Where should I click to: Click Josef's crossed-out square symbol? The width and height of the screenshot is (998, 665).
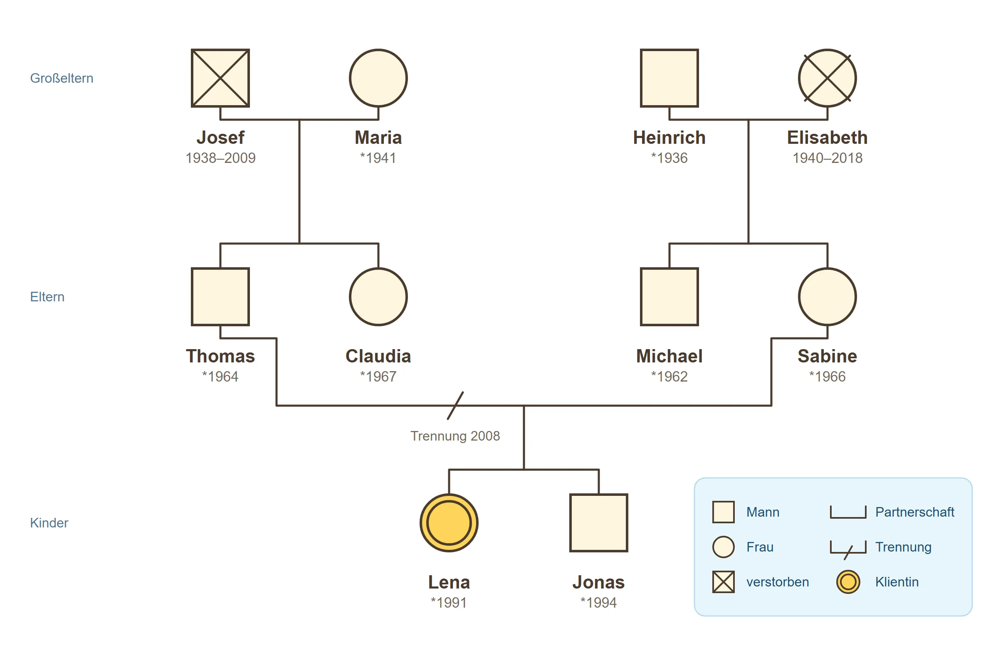pyautogui.click(x=220, y=78)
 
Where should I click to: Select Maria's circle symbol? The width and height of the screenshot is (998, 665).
pyautogui.click(x=378, y=78)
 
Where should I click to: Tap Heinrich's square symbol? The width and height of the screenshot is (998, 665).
pyautogui.click(x=669, y=78)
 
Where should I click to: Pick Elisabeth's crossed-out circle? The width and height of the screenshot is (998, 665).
pyautogui.click(x=828, y=78)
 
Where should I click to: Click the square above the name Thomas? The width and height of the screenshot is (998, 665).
pyautogui.click(x=220, y=297)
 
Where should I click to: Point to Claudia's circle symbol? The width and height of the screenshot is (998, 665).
pyautogui.click(x=378, y=297)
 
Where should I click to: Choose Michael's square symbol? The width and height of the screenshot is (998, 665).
pyautogui.click(x=669, y=297)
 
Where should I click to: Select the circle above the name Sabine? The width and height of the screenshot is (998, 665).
pyautogui.click(x=828, y=297)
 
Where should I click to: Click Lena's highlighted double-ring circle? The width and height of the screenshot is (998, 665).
pyautogui.click(x=449, y=523)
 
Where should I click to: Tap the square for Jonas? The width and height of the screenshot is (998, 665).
pyautogui.click(x=599, y=523)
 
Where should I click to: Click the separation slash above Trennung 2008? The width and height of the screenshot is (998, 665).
pyautogui.click(x=455, y=406)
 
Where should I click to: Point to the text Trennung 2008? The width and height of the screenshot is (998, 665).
pyautogui.click(x=455, y=436)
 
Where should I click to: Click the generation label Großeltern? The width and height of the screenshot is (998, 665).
pyautogui.click(x=62, y=78)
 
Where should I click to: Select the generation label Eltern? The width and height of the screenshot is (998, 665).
pyautogui.click(x=47, y=297)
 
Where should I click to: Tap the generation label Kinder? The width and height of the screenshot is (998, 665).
pyautogui.click(x=49, y=523)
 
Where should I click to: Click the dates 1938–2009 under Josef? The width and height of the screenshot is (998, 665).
pyautogui.click(x=221, y=158)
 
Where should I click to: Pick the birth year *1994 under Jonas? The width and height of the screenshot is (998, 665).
pyautogui.click(x=599, y=603)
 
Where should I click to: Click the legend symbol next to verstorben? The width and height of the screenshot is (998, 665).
pyautogui.click(x=724, y=582)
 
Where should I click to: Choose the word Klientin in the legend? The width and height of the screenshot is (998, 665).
pyautogui.click(x=897, y=582)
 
